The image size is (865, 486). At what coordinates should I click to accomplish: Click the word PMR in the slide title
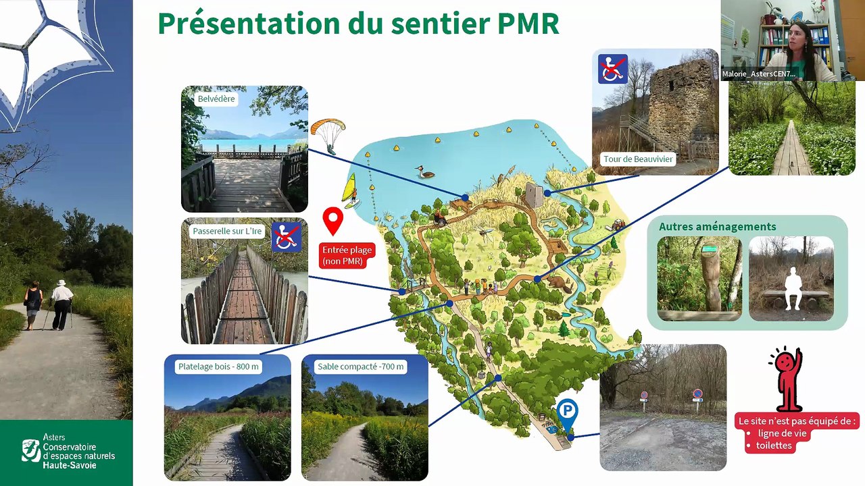coord(528,23)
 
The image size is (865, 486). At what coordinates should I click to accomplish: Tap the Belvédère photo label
coord(216,99)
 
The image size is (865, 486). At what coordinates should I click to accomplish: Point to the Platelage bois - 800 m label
coord(218,367)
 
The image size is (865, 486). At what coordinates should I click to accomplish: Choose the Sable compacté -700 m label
coord(361,367)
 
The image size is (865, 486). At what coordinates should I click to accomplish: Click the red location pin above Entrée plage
coord(332,220)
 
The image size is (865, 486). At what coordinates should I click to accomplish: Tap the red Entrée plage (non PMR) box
coord(347,255)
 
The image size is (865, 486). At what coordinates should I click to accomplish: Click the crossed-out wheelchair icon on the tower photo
coord(612,69)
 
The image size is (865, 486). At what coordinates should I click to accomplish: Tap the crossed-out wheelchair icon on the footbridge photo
coord(286,238)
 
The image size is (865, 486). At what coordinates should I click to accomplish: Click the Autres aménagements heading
coord(718,227)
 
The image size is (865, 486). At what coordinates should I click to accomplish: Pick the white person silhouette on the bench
coord(790,288)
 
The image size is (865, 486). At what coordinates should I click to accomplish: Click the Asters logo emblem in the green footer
coord(30,450)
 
